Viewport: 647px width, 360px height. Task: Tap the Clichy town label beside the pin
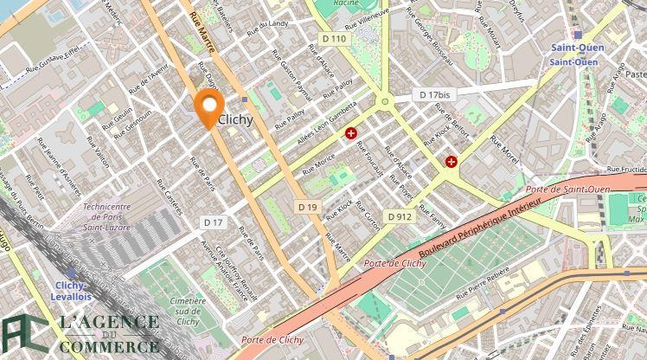[x=236, y=120]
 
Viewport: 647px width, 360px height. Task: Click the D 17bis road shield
[x=434, y=94]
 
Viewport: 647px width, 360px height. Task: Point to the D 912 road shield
[x=399, y=216]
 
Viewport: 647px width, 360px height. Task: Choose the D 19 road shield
[x=307, y=207]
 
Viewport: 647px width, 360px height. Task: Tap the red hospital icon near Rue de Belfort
[x=452, y=161]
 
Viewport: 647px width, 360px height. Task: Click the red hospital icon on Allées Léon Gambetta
[x=351, y=133]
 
